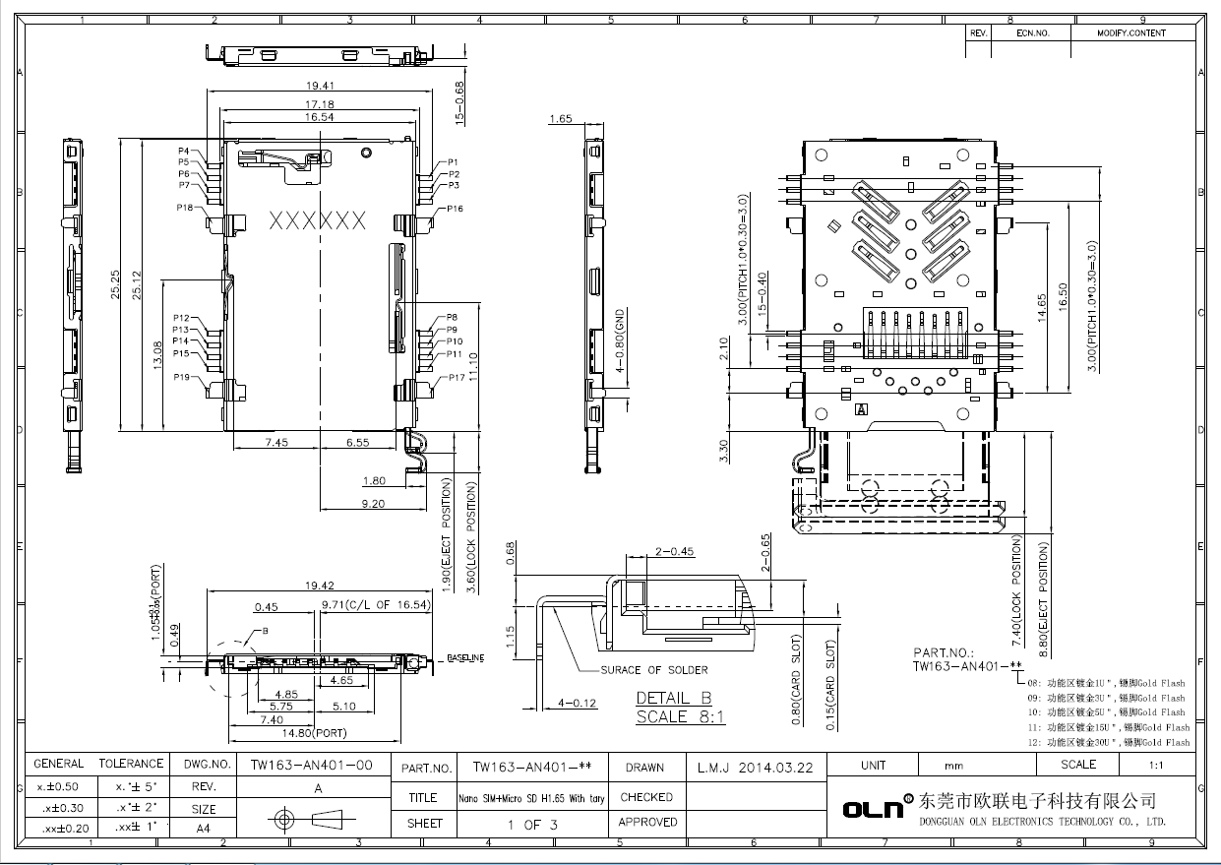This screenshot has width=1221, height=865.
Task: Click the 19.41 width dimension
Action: pos(320,86)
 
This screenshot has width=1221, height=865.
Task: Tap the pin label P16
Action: pos(456,209)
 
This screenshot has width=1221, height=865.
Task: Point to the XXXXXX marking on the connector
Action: pos(317,220)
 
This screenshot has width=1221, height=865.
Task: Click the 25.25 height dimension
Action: pos(116,286)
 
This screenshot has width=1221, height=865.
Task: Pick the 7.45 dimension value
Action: pos(276,443)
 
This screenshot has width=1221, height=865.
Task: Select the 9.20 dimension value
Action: pos(374,503)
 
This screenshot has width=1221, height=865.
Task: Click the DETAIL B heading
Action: pos(673,698)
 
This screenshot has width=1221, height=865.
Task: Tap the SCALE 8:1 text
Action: pos(680,716)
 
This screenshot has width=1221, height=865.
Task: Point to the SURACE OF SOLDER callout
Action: pos(653,670)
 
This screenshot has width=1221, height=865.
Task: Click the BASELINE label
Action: pos(465,657)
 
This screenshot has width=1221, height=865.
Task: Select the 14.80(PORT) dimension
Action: pos(316,733)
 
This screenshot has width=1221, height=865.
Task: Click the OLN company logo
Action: pos(873,808)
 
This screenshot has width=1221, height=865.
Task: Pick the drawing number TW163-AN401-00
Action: pos(311,765)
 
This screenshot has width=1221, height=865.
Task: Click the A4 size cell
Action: pos(203,829)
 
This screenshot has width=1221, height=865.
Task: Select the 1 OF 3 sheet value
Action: pos(532,825)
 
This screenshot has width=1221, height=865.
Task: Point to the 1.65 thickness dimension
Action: pos(560,119)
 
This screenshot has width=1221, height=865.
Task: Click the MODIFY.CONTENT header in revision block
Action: pos(1131,33)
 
